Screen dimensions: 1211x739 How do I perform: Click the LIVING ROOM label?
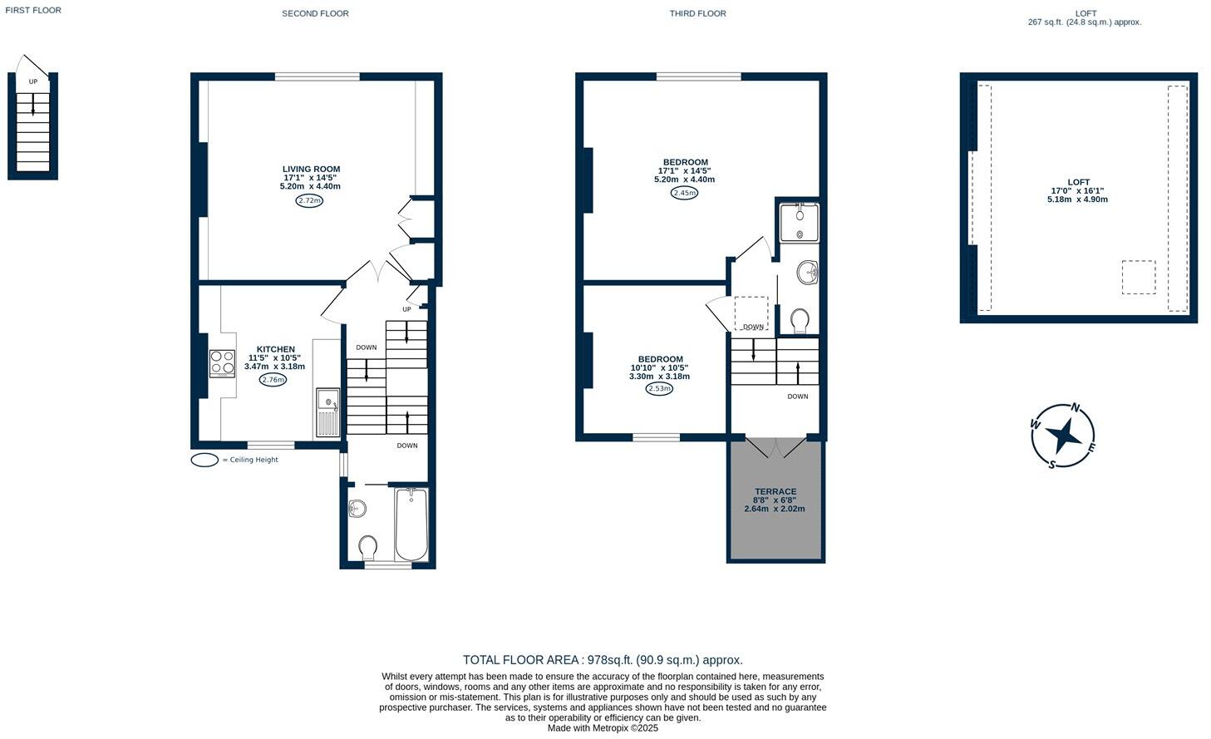tap(311, 170)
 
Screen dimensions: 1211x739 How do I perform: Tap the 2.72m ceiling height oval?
tap(309, 200)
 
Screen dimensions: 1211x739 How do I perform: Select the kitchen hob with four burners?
tap(222, 363)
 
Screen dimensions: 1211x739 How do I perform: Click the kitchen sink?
tap(328, 412)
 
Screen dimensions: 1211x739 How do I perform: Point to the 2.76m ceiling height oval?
tap(273, 380)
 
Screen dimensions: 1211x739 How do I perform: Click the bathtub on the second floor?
tap(411, 525)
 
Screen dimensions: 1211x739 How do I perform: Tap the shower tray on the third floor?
tap(799, 222)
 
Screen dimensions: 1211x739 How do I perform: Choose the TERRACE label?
tap(775, 491)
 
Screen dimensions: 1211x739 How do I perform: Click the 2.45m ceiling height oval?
tap(684, 193)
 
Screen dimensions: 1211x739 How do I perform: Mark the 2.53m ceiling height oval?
tap(659, 389)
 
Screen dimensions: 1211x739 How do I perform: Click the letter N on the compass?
tap(1076, 407)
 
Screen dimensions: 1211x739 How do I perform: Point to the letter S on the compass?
tap(1052, 465)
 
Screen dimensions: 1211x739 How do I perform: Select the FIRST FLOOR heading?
tap(33, 10)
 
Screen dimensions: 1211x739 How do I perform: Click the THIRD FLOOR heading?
tap(697, 13)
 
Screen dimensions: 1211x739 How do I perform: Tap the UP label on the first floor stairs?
tap(33, 81)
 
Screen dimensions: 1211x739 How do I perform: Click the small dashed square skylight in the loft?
tap(1139, 278)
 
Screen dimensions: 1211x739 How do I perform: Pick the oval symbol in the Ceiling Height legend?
tap(204, 460)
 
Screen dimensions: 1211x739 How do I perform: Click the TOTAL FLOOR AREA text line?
tap(603, 660)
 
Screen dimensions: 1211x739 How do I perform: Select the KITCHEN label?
tap(275, 350)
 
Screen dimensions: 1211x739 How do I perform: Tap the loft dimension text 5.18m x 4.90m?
tap(1077, 200)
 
